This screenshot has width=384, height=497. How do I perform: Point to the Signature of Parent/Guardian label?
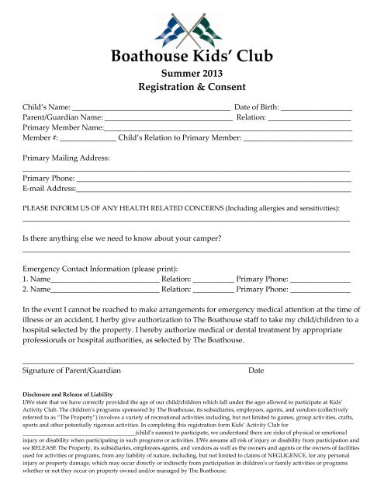[72, 370]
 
